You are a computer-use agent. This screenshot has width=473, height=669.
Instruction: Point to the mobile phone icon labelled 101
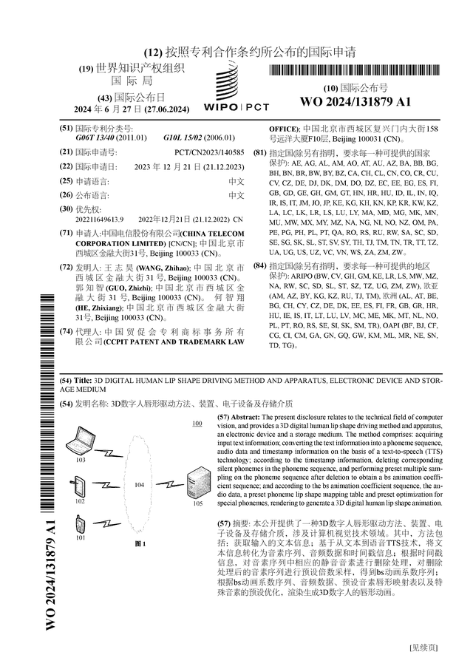80,526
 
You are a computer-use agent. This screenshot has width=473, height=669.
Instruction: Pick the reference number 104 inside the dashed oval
139,485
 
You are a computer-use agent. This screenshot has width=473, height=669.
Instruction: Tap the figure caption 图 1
140,544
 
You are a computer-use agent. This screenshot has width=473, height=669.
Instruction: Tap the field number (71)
66,232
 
